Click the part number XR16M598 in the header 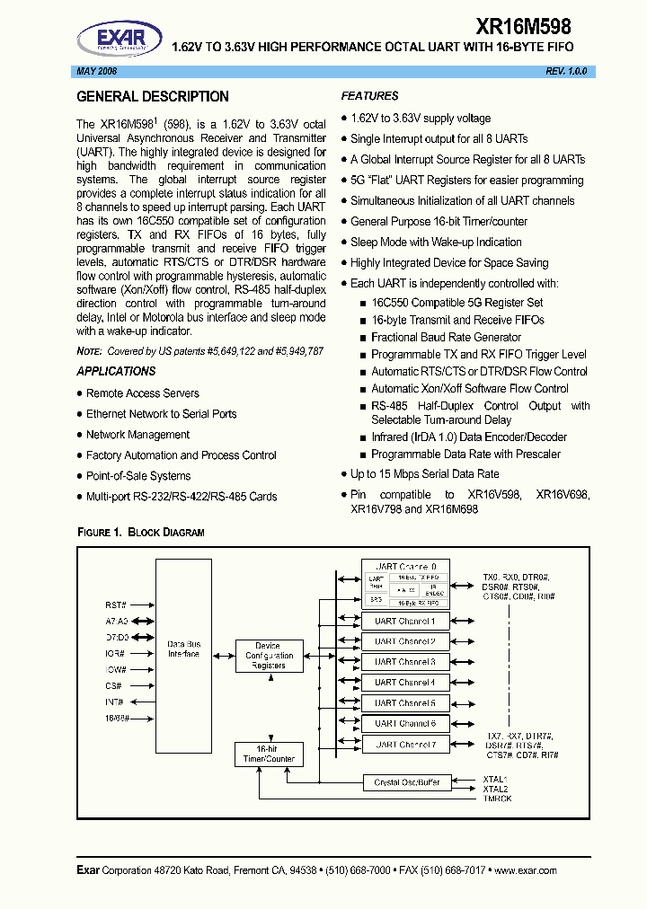(x=522, y=28)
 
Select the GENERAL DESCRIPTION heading (x=153, y=97)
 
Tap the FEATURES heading (x=369, y=96)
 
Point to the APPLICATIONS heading (x=116, y=371)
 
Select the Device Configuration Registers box (x=268, y=656)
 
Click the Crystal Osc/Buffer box (x=407, y=782)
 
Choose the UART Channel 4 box (x=405, y=683)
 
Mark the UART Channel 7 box (x=405, y=745)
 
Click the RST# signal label (x=116, y=605)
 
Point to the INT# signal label (x=115, y=702)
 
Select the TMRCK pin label (x=497, y=799)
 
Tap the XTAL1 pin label (x=495, y=780)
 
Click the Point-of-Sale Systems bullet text (x=138, y=476)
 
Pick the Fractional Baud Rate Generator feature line (x=446, y=338)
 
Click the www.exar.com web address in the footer (x=525, y=870)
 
